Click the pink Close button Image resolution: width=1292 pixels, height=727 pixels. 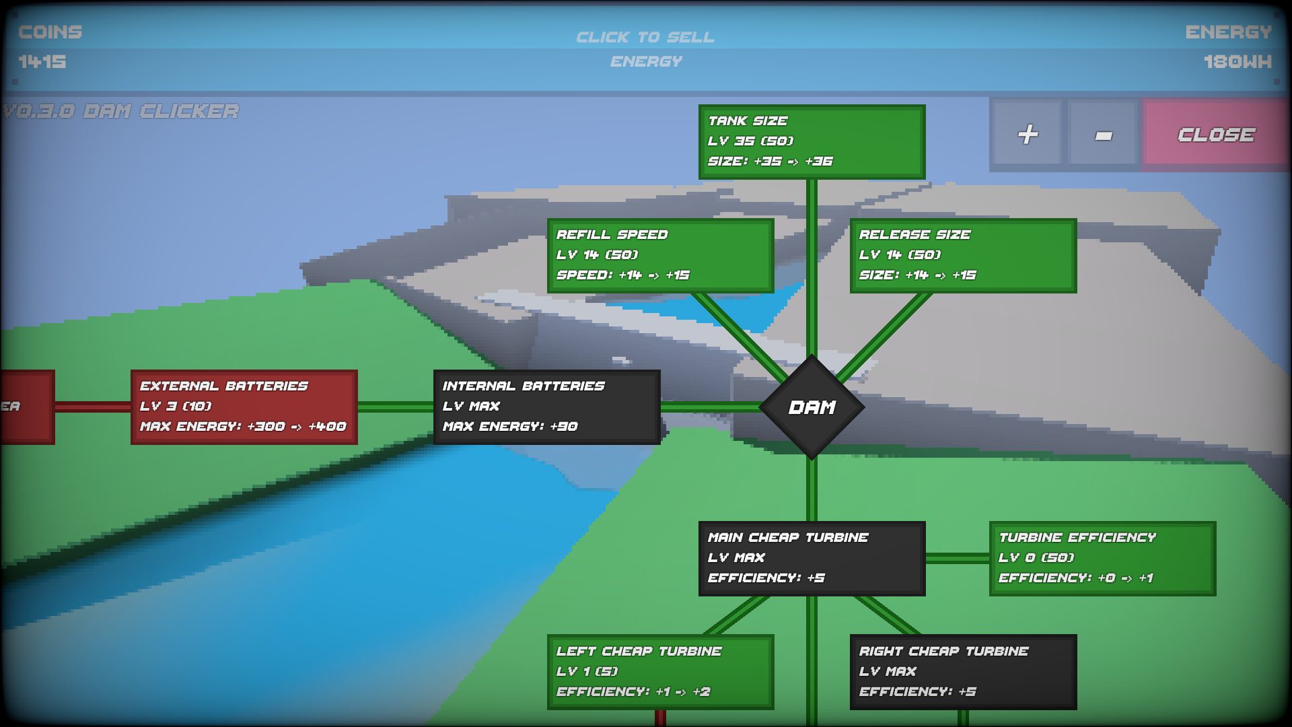pyautogui.click(x=1215, y=135)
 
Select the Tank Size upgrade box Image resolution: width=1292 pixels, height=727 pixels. pyautogui.click(x=812, y=141)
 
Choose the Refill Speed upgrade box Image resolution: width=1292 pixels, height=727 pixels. pyautogui.click(x=660, y=255)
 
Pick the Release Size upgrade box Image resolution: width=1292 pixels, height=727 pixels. pyautogui.click(x=963, y=255)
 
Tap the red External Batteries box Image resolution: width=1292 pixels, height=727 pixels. pyautogui.click(x=244, y=407)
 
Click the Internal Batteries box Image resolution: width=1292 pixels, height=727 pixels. pyautogui.click(x=546, y=407)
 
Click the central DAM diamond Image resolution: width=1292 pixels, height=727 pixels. pyautogui.click(x=812, y=407)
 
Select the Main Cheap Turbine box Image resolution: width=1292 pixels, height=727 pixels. pyautogui.click(x=812, y=558)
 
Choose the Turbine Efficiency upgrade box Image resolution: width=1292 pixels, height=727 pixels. pyautogui.click(x=1102, y=558)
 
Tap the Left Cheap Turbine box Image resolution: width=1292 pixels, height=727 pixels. pyautogui.click(x=660, y=672)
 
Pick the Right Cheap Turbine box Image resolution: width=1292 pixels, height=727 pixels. pyautogui.click(x=963, y=672)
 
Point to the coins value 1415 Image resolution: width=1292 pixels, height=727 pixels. pyautogui.click(x=42, y=62)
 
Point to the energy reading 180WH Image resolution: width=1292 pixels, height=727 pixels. pyautogui.click(x=1237, y=62)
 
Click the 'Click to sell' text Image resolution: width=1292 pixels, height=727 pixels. pyautogui.click(x=645, y=37)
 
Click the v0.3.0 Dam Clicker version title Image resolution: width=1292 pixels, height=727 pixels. pyautogui.click(x=121, y=111)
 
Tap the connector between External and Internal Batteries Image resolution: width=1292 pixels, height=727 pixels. pyautogui.click(x=396, y=407)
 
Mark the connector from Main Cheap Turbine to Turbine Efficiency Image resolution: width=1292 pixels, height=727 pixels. pyautogui.click(x=957, y=558)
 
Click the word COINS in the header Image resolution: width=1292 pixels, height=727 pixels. pyautogui.click(x=50, y=32)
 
